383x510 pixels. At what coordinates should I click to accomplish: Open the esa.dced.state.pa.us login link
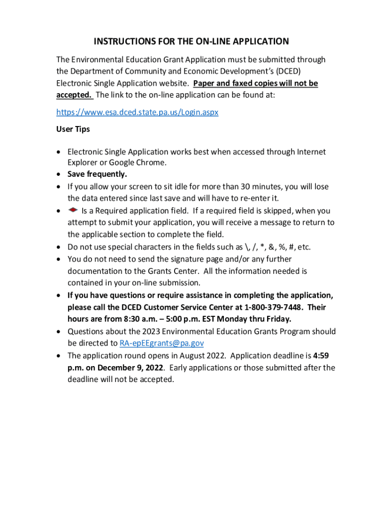point(137,113)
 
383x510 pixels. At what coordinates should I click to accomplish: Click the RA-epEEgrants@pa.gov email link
point(162,343)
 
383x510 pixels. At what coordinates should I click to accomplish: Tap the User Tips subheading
point(73,129)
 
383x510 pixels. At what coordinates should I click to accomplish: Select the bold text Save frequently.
point(97,174)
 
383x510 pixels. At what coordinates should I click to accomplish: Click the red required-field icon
point(72,210)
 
